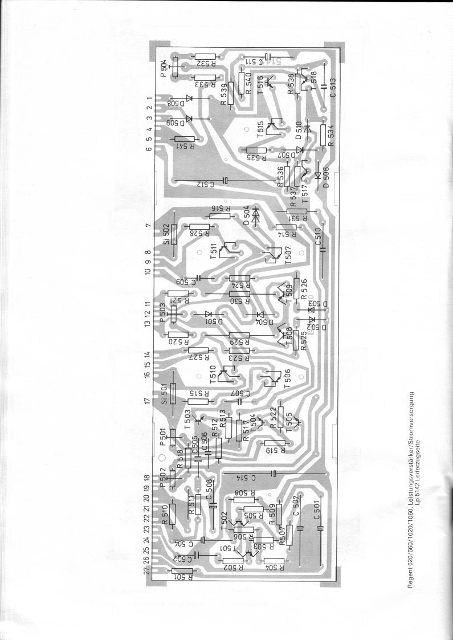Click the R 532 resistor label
click(x=205, y=63)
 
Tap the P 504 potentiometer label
click(x=164, y=67)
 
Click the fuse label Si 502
click(x=164, y=234)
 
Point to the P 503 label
click(x=164, y=312)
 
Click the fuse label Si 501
click(x=164, y=393)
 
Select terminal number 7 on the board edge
click(x=148, y=226)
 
